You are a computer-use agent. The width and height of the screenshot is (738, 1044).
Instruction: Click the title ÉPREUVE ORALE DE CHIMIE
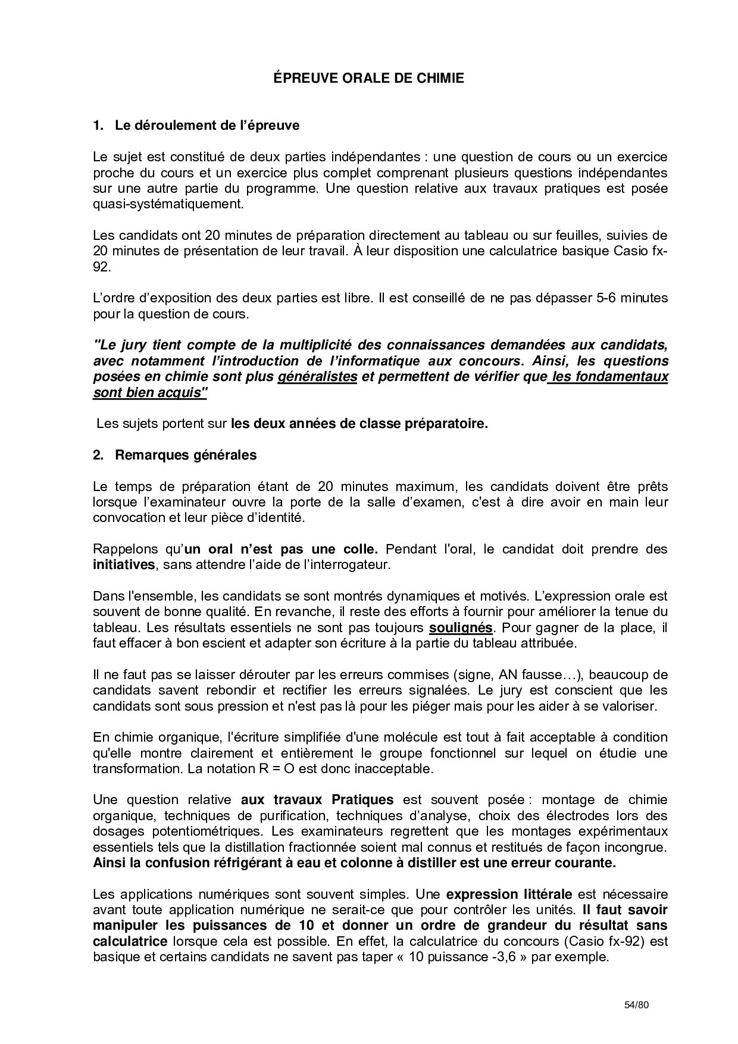coord(368,78)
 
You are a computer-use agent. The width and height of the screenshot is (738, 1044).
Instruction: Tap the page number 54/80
coord(636,1005)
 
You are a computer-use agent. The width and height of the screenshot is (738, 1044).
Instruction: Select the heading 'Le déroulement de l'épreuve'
coord(207,126)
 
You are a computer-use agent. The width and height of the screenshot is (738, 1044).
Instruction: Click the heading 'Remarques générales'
coord(186,455)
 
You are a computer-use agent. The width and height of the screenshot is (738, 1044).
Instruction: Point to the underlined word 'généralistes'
coord(317,377)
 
